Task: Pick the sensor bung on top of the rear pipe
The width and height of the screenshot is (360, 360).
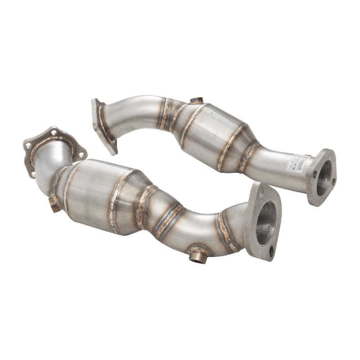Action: [x=196, y=100]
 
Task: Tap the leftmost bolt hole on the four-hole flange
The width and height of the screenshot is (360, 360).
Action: [x=28, y=146]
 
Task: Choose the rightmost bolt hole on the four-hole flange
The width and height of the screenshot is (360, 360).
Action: [x=81, y=154]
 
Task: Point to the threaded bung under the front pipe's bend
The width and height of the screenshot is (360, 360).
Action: [x=197, y=256]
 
